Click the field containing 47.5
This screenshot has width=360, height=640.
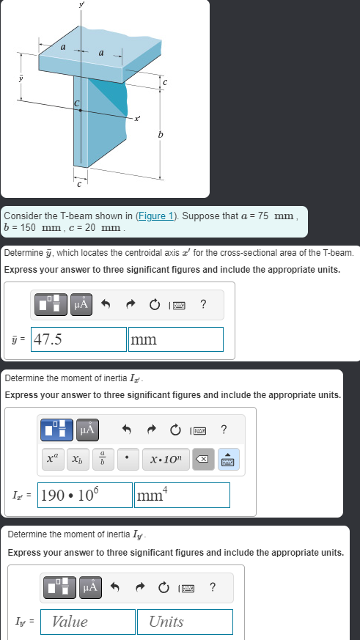[x=79, y=339]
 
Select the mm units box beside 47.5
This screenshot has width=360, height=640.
[x=176, y=339]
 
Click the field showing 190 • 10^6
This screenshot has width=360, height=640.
[x=84, y=495]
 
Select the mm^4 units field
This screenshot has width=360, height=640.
[x=182, y=495]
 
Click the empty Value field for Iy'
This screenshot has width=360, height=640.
[x=88, y=622]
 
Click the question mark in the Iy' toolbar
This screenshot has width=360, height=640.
[x=213, y=586]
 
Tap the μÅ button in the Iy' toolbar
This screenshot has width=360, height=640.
[x=88, y=586]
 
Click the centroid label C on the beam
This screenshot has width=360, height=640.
[x=76, y=103]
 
